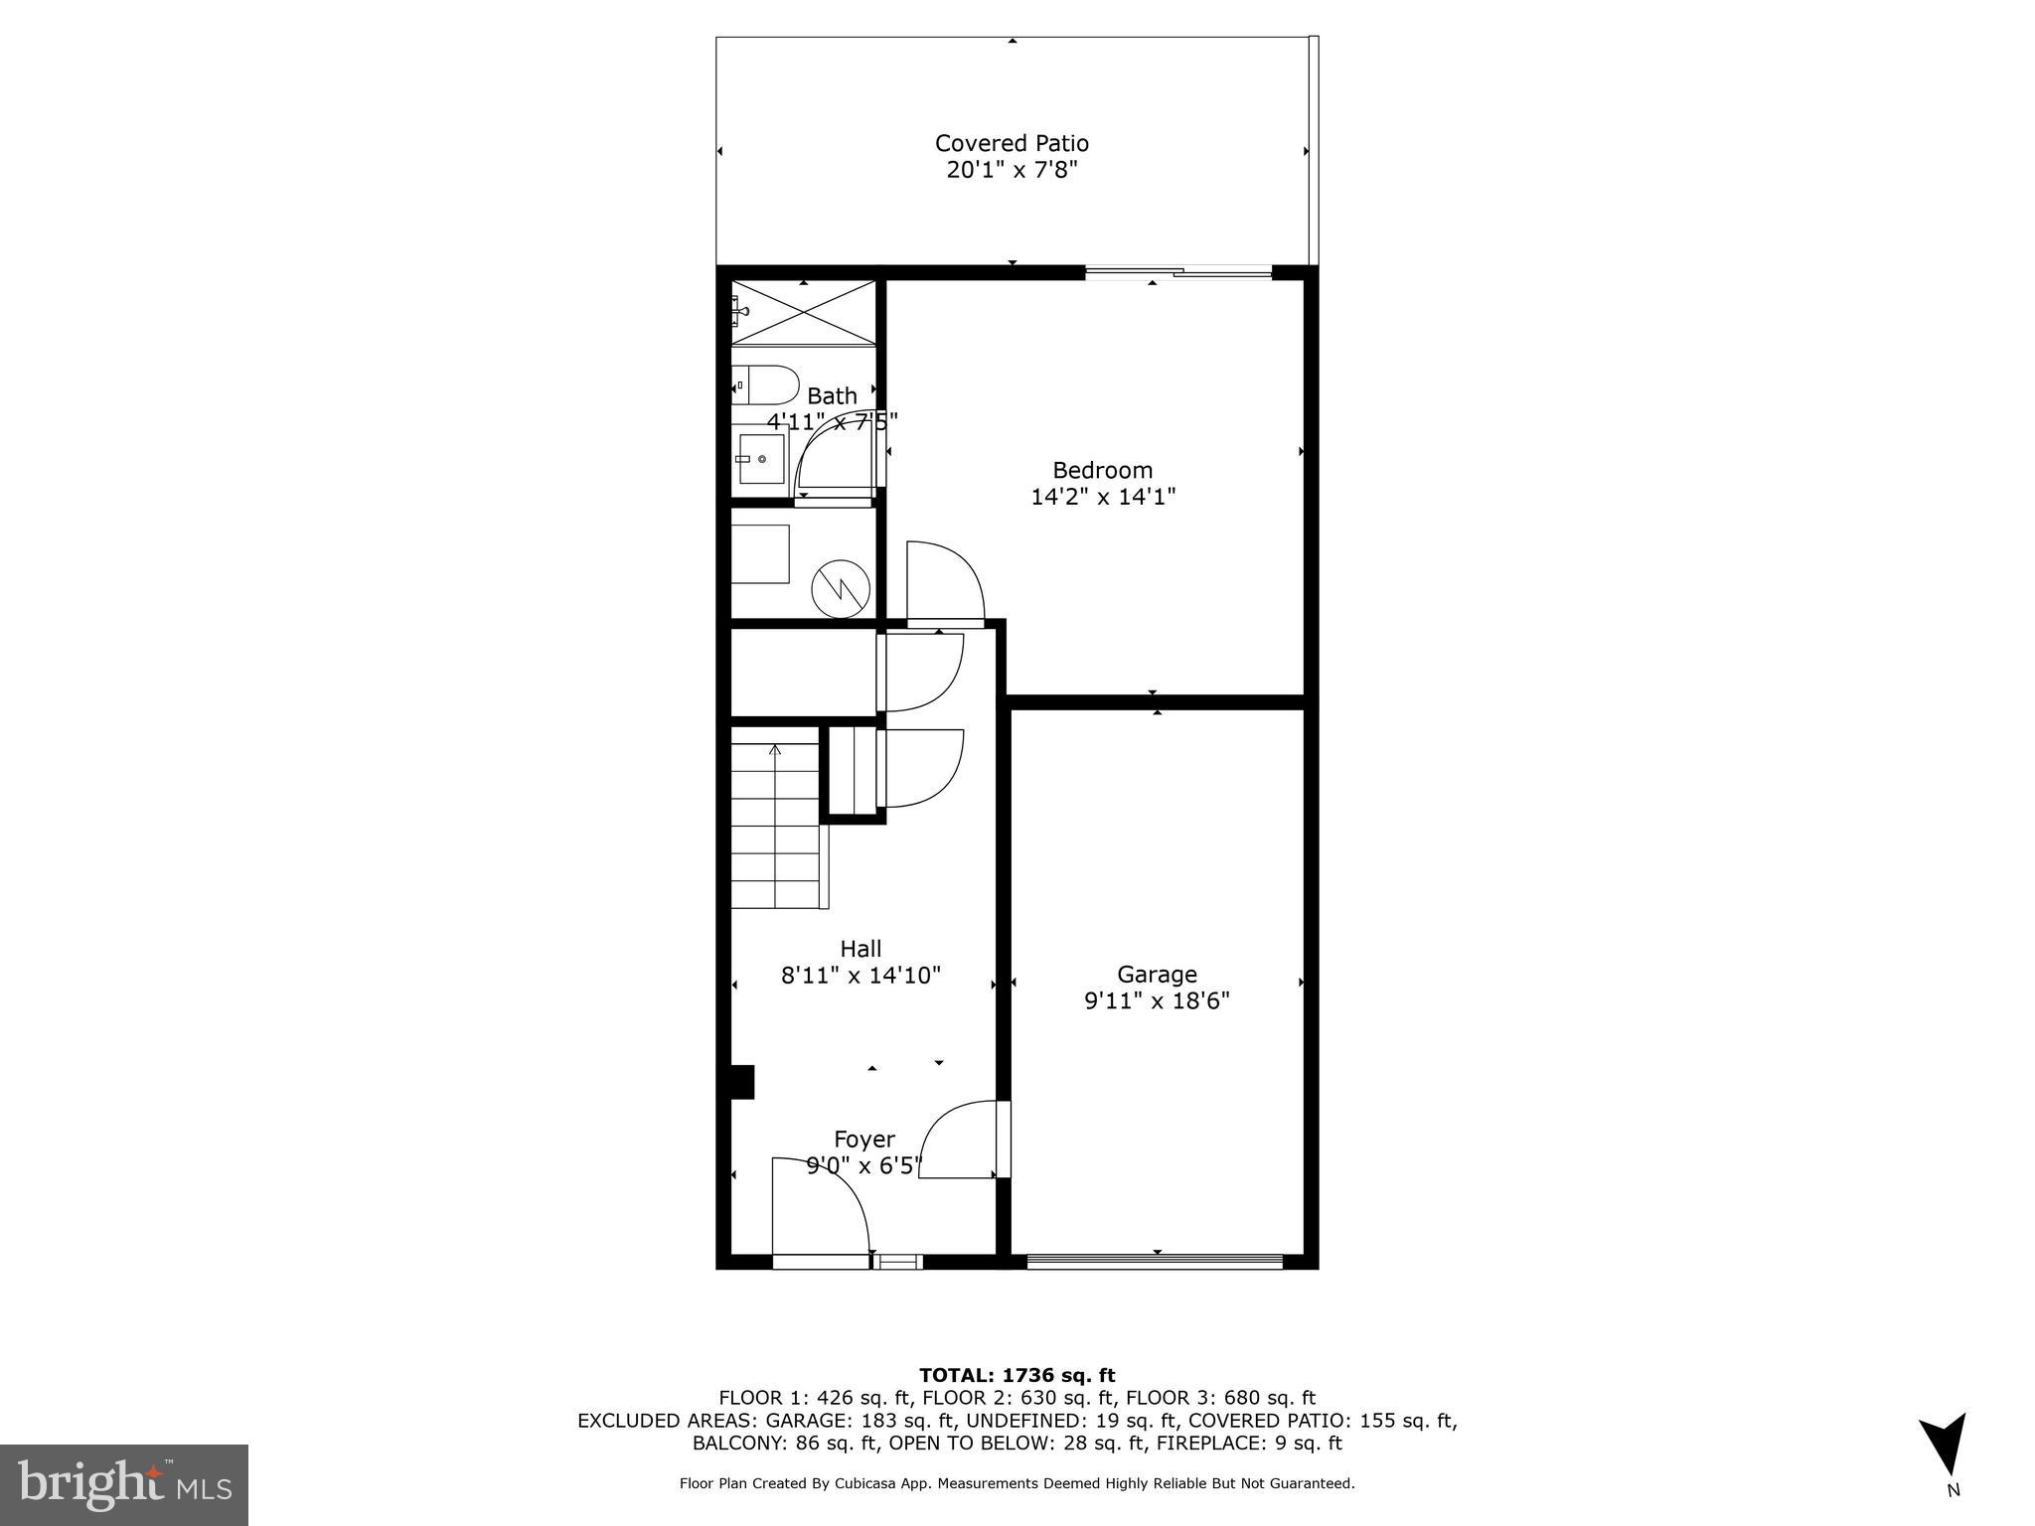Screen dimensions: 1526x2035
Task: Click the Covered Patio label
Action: (1012, 143)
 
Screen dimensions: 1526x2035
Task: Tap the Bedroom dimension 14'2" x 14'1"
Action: (1103, 497)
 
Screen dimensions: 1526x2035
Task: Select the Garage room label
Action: (1157, 975)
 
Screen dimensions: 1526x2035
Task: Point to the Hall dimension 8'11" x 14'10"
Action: (861, 976)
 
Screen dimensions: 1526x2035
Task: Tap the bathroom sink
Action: (760, 459)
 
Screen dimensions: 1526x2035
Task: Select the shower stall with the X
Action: (803, 313)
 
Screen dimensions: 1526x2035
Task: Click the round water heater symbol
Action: (841, 591)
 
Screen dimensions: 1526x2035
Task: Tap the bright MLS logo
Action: (124, 1484)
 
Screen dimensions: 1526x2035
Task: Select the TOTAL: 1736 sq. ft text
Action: (1017, 1375)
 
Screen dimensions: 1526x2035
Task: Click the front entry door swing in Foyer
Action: (820, 1207)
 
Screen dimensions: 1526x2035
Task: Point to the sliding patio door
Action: (1177, 272)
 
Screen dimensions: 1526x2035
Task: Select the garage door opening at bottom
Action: (1155, 1262)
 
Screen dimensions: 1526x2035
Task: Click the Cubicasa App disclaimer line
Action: (1017, 1483)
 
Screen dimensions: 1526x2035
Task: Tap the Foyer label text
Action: (863, 1140)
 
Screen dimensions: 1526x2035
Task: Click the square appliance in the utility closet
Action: (760, 554)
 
